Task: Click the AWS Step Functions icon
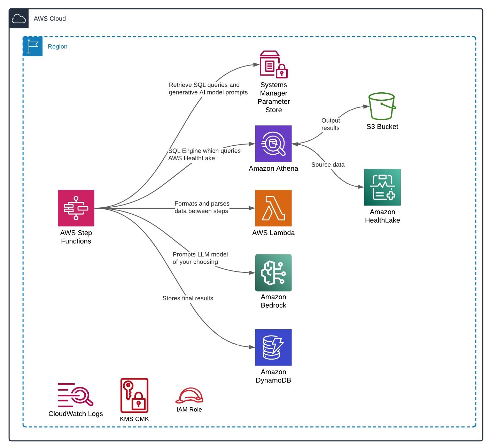point(76,208)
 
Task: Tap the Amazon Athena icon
point(273,144)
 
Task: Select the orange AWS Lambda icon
point(273,208)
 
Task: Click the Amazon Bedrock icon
point(273,273)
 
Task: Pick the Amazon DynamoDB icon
point(273,347)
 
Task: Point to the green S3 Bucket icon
point(382,106)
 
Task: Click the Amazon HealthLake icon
point(382,187)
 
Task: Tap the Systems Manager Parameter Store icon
point(273,64)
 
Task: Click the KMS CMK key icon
point(134,395)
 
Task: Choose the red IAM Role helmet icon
point(189,396)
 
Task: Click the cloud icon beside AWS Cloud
point(19,18)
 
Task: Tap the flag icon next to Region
point(32,46)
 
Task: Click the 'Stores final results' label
point(188,298)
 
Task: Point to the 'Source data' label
point(328,164)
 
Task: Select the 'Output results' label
point(330,124)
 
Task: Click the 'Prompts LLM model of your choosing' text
point(200,258)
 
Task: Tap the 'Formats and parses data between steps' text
point(202,207)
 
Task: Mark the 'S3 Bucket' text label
point(382,127)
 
